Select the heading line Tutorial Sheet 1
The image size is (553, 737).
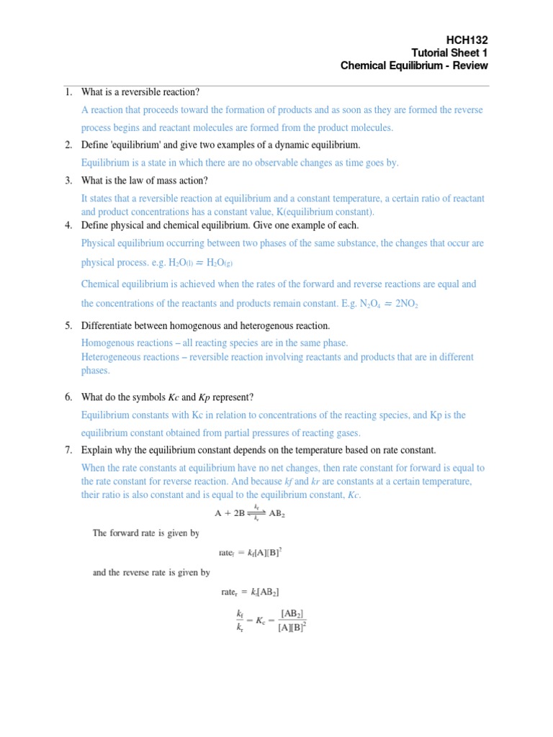pos(449,53)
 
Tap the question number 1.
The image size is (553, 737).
pos(68,92)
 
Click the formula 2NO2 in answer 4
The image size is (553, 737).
pos(403,304)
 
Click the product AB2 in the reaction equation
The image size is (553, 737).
pos(281,513)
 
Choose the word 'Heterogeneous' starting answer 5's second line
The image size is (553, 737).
pos(112,357)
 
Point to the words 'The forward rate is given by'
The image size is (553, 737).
pos(146,533)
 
